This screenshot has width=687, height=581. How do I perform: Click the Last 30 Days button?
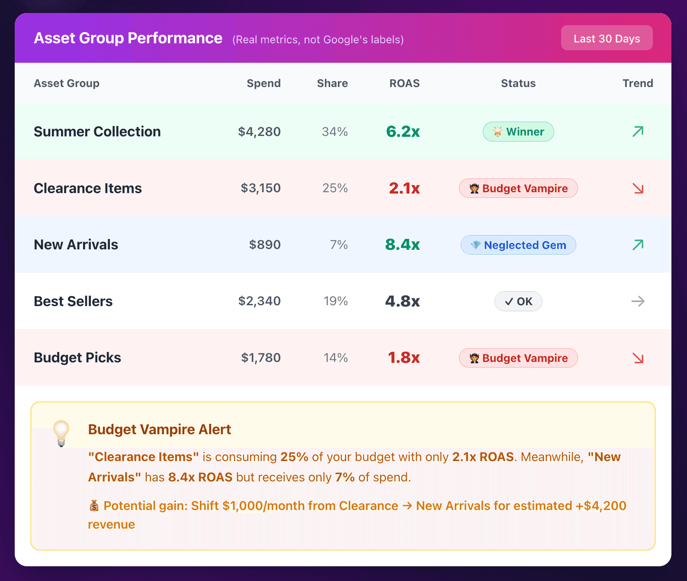coord(607,38)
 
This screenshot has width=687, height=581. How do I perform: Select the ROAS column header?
coord(404,83)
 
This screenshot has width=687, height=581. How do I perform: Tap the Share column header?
coord(332,83)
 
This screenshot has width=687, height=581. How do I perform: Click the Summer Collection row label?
coord(97,132)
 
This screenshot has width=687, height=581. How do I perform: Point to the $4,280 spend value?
coord(259,132)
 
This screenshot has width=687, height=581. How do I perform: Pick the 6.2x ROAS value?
coord(403,132)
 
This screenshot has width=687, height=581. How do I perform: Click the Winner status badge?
coord(518,132)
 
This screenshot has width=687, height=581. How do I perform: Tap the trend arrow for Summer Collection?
coord(638,131)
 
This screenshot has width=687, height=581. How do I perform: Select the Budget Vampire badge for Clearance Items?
coord(518,188)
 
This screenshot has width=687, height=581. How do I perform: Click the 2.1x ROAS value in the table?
coord(404,188)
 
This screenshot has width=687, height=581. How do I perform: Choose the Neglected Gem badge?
coord(518,245)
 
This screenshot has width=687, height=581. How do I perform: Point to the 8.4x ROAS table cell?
coord(402,245)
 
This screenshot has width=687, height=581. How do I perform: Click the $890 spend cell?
coord(265,245)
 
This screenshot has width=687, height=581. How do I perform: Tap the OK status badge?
coord(518,301)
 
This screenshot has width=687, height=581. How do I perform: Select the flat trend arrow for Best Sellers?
coord(638,301)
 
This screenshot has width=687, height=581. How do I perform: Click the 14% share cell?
coord(336,358)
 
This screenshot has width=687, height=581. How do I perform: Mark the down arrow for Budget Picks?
coord(638,358)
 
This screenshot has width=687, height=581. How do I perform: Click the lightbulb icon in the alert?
coord(61,433)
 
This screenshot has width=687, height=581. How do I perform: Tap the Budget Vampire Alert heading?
coord(159,429)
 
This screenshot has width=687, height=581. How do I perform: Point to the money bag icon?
coord(94,506)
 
